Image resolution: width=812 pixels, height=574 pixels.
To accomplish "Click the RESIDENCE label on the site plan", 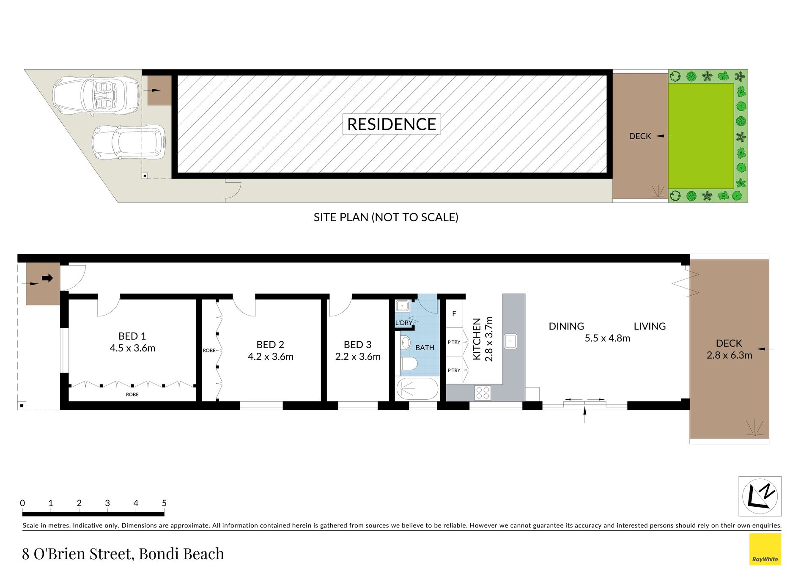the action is [391, 124].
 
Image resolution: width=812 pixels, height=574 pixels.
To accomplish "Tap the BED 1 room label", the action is [132, 336].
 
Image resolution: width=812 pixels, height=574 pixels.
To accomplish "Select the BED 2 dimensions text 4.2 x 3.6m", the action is [271, 357].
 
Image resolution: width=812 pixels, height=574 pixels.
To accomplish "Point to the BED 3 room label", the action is [358, 345].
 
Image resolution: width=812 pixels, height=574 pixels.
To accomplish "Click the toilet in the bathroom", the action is [409, 363].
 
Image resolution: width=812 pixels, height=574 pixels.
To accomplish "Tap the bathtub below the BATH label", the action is [417, 388].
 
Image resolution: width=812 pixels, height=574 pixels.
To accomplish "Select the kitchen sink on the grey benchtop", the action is [510, 341].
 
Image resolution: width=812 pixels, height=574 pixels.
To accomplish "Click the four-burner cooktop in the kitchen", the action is [483, 393].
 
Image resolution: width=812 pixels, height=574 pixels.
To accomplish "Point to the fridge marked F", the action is [454, 313].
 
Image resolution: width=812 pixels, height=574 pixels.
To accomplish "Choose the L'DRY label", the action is [403, 323].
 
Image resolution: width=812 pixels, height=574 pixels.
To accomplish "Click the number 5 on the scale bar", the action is [164, 503].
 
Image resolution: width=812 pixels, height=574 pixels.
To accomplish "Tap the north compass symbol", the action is [760, 496].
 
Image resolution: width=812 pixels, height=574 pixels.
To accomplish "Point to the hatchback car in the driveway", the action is [129, 143].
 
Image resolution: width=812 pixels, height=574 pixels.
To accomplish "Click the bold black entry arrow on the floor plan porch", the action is [47, 278].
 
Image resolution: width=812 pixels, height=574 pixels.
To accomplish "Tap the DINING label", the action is [566, 326].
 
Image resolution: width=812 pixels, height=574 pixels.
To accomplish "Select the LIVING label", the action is [650, 326].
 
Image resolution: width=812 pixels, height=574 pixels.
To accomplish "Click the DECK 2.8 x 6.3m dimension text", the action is [730, 355].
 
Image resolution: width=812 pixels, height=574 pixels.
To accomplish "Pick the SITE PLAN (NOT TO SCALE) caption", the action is [386, 217].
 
